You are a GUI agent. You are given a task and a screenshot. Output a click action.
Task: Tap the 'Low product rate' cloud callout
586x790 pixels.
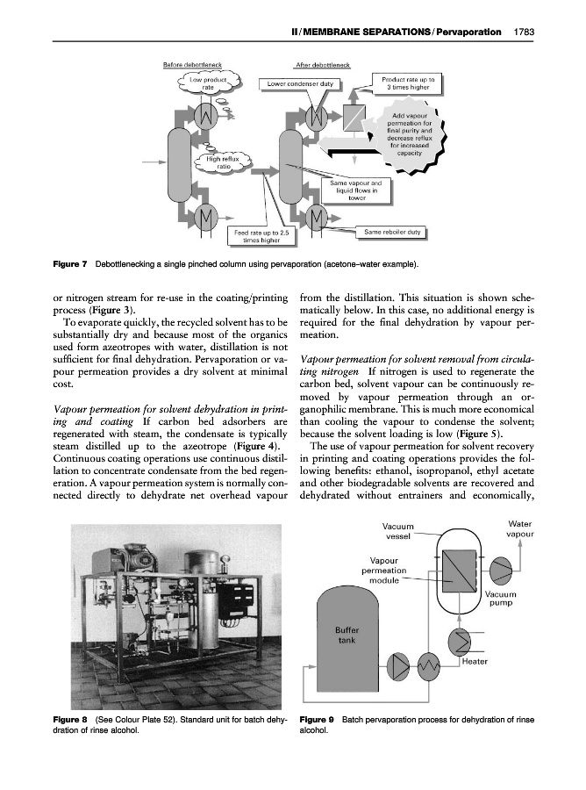209,84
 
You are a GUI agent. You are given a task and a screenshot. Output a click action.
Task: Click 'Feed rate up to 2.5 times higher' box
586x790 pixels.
261,236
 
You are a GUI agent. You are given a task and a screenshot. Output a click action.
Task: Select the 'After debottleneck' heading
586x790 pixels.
321,65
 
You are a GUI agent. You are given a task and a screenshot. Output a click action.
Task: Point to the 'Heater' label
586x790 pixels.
475,662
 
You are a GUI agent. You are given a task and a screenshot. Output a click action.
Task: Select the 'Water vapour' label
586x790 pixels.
522,528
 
